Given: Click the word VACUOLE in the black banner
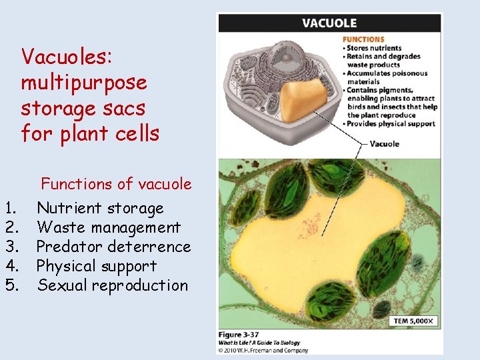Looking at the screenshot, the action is [329, 23].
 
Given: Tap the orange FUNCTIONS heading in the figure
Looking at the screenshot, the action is [363, 39].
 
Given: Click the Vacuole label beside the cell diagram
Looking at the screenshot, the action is [384, 143].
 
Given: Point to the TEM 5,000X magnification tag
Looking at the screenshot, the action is [413, 321].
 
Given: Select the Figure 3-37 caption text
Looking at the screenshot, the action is [240, 334].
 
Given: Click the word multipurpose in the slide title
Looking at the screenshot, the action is [84, 83].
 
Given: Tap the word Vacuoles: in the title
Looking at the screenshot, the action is [66, 57].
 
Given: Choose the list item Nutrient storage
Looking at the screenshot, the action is [100, 209].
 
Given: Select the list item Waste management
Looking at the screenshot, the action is [109, 228].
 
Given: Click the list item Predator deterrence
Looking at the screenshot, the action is [113, 247].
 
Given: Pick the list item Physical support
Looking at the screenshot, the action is [97, 266].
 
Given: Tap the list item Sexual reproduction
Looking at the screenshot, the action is [113, 285].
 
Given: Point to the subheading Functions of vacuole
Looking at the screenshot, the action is [116, 184].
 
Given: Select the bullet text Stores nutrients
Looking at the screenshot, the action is [374, 48].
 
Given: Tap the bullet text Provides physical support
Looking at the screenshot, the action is [391, 123].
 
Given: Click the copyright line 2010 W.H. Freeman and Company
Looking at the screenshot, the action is [264, 350].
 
